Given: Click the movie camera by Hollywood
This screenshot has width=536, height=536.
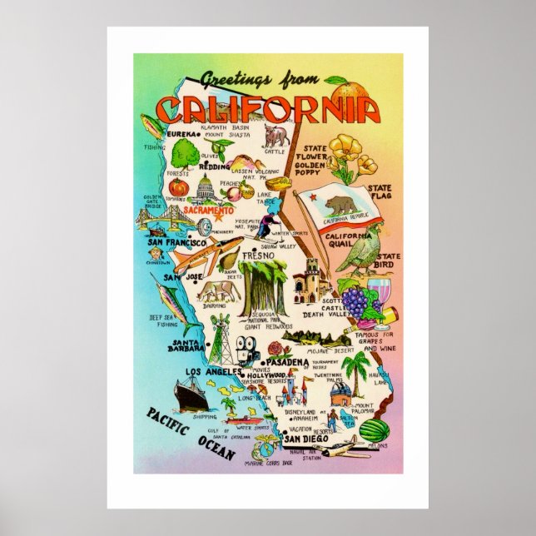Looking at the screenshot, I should (246, 350).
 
